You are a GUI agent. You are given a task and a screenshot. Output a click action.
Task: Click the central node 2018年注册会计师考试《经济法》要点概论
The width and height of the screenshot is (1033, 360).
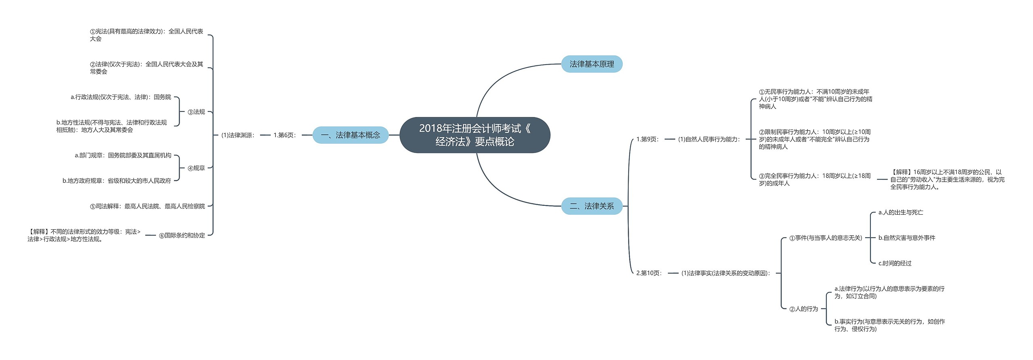tap(475, 135)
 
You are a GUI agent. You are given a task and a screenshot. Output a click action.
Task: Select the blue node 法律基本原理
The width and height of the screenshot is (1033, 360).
tap(592, 64)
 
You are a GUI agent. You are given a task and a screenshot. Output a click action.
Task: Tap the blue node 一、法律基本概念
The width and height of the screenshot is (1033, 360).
tap(350, 135)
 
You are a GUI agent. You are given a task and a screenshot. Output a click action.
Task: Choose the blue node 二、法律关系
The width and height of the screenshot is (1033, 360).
tap(592, 206)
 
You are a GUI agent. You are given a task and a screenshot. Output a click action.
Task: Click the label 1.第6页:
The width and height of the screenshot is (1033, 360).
tap(285, 135)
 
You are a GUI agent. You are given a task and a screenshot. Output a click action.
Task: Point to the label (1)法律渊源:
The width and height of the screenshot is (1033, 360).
tap(238, 135)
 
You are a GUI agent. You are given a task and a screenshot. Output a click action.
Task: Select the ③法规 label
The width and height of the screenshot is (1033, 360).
tap(197, 112)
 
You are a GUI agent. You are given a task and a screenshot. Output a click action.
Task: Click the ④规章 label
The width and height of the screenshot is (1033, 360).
tap(197, 168)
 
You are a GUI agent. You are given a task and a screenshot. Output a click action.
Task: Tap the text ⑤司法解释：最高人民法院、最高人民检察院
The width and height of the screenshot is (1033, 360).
tap(147, 206)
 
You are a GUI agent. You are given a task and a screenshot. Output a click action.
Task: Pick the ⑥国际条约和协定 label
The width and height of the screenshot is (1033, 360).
tap(182, 235)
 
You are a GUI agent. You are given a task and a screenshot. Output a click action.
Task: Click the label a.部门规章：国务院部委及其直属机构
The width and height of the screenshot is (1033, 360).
tap(123, 155)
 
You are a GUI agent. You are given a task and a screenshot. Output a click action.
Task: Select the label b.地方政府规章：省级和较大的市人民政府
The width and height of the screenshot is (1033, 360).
tap(117, 181)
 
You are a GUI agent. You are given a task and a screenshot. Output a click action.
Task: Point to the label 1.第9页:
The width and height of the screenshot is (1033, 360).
tap(648, 139)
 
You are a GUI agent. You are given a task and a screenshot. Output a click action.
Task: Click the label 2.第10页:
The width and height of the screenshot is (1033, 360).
tap(649, 273)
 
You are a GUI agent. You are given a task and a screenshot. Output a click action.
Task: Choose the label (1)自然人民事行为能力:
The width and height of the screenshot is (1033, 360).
tap(709, 139)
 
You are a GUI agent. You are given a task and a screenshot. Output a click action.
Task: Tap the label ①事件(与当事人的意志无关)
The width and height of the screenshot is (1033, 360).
tap(826, 238)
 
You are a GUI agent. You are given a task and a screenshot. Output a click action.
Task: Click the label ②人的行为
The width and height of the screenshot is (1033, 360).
tap(803, 309)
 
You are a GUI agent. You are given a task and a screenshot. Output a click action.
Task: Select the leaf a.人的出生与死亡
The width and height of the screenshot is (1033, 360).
tap(901, 212)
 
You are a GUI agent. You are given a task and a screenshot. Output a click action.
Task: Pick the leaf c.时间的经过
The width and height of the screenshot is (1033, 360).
tap(895, 263)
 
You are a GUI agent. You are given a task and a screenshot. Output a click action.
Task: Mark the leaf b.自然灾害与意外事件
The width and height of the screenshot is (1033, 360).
tap(907, 238)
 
